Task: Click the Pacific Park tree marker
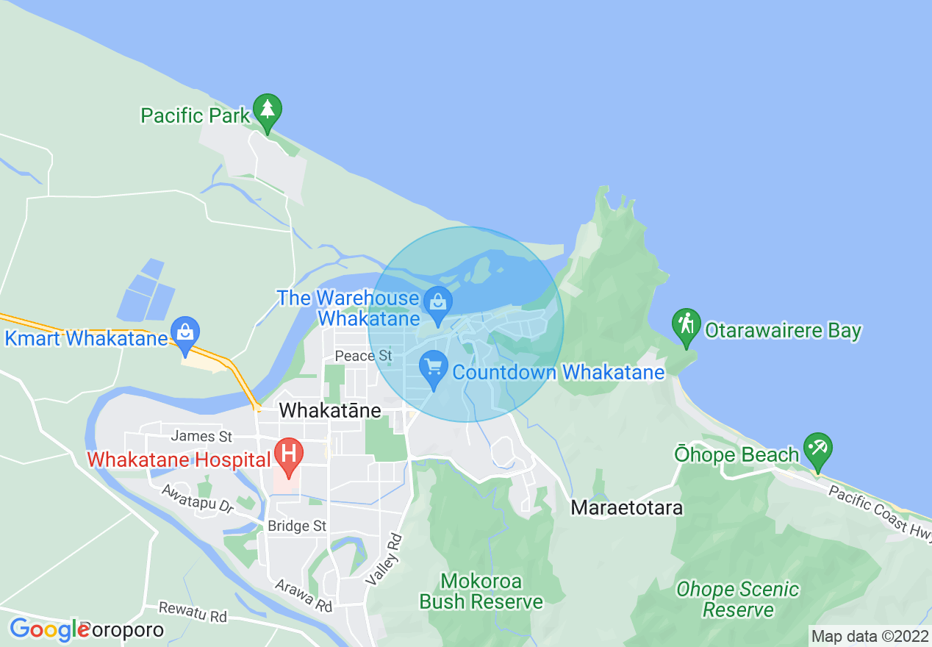[268, 110]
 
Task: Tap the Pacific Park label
[196, 115]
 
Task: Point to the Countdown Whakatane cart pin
[434, 366]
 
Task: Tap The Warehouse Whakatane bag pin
[438, 302]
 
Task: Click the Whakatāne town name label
[330, 410]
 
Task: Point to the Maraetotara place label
[627, 507]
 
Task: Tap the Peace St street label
[359, 356]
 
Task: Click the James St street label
[201, 436]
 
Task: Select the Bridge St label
[297, 526]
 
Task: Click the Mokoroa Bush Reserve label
[481, 591]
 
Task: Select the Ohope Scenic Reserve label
[737, 599]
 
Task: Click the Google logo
[48, 629]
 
